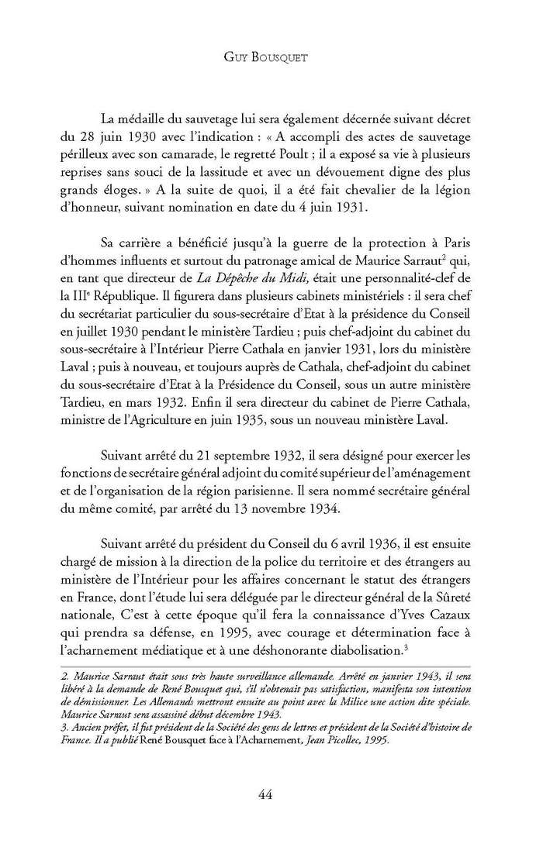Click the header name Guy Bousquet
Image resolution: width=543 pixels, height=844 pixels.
pos(271,56)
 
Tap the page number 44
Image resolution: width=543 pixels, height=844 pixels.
pos(271,793)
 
